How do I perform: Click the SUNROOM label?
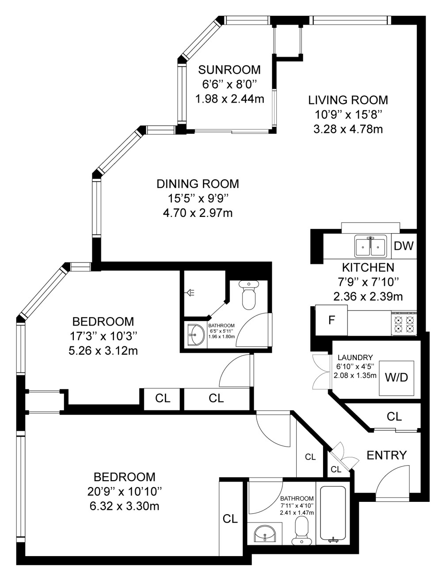(229, 70)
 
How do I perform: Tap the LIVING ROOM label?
(348, 100)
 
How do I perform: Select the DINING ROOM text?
(198, 184)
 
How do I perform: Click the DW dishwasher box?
(404, 246)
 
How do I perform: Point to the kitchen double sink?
(371, 246)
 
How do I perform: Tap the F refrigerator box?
(331, 320)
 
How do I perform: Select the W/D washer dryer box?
(396, 378)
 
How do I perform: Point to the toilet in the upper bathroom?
(249, 295)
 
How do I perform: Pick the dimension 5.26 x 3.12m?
(103, 351)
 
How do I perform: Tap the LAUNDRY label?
(355, 357)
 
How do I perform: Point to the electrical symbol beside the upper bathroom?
(191, 292)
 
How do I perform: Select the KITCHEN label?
(368, 268)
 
